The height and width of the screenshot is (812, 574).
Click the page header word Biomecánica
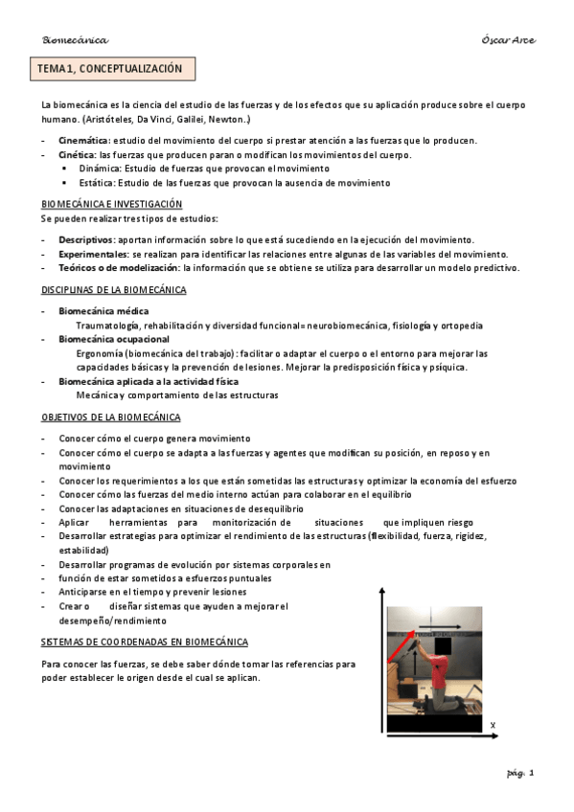(x=75, y=39)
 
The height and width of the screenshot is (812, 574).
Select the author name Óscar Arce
(x=508, y=39)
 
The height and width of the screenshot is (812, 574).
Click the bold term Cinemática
(x=83, y=141)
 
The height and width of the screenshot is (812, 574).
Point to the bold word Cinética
(x=77, y=154)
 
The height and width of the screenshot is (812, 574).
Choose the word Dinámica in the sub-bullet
(x=99, y=169)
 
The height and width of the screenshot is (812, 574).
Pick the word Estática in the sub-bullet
(x=97, y=182)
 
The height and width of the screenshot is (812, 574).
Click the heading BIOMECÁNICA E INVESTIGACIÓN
(x=111, y=204)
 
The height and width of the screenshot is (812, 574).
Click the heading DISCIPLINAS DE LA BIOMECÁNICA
(x=113, y=289)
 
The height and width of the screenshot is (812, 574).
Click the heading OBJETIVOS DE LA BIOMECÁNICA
(x=110, y=417)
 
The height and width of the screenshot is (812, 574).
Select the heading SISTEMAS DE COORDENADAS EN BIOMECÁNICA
(x=145, y=641)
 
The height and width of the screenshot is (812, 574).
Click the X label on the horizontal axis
(x=493, y=726)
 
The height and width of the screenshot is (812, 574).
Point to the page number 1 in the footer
(x=531, y=773)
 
